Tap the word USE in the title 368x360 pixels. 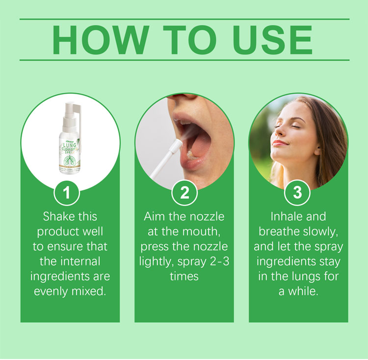point(272,40)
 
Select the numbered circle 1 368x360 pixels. point(67,193)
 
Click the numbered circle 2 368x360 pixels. point(184,193)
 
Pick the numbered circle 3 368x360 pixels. point(297,193)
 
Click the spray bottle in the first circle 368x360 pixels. point(70,138)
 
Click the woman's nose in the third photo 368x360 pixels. point(279,132)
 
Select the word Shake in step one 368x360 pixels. point(57,216)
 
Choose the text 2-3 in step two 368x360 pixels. point(219,261)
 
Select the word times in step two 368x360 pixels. point(184,277)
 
